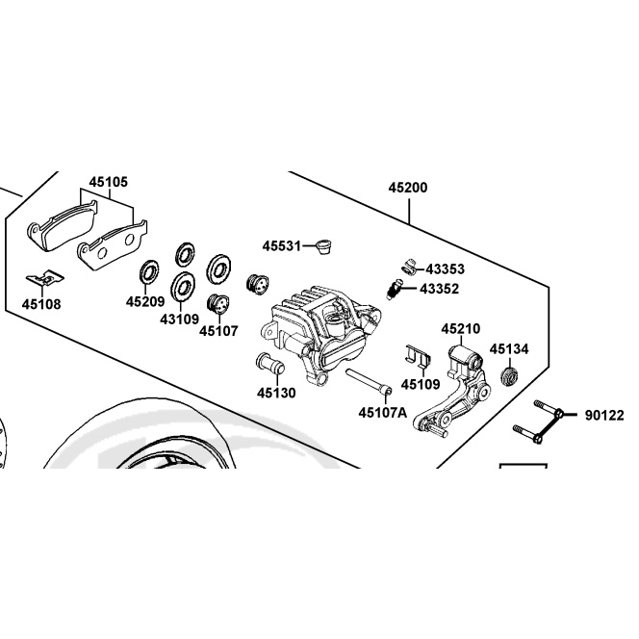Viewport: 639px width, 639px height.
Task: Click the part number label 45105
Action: click(109, 182)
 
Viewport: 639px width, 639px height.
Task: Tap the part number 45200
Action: click(408, 188)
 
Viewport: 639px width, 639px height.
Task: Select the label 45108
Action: click(41, 304)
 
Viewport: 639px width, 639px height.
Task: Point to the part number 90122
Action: click(604, 416)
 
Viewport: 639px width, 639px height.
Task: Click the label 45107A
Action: click(383, 413)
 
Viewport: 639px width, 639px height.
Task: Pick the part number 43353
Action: click(445, 268)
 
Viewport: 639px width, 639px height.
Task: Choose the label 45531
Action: click(282, 246)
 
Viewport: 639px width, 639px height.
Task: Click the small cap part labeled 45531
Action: click(324, 246)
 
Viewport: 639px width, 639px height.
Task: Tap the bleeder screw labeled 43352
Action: click(394, 290)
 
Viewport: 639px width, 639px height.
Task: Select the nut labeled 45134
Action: click(509, 375)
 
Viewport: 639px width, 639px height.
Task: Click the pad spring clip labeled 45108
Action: click(45, 279)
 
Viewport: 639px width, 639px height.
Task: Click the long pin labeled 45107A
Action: click(369, 381)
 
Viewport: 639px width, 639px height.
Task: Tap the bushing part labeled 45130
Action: click(270, 363)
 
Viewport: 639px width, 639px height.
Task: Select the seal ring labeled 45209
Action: click(149, 271)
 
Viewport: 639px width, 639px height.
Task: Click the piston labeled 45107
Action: click(218, 304)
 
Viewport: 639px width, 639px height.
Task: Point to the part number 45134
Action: click(509, 349)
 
